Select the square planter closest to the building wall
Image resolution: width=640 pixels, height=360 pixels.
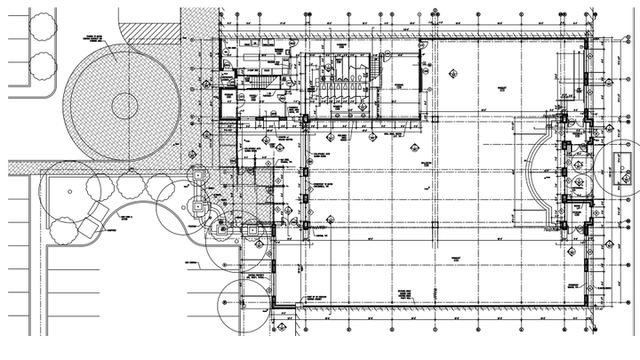(253, 228)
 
